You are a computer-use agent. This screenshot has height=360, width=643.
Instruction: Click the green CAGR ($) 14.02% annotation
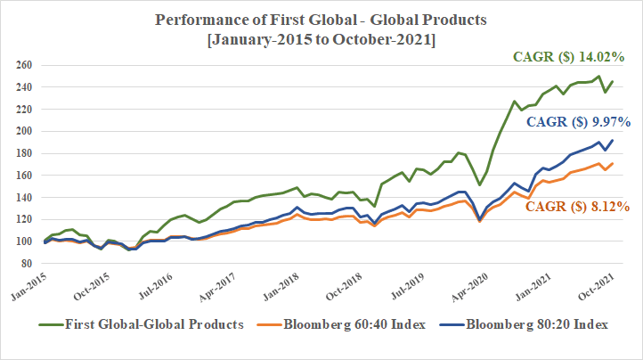point(571,56)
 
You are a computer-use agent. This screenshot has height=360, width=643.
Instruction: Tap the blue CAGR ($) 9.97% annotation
point(577,121)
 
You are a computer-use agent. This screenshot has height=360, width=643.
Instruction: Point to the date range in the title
point(321,40)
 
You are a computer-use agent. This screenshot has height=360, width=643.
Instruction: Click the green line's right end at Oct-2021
point(613,82)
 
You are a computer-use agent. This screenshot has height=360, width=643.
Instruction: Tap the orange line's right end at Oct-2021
point(613,164)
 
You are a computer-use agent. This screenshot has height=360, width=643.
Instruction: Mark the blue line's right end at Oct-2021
point(613,141)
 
